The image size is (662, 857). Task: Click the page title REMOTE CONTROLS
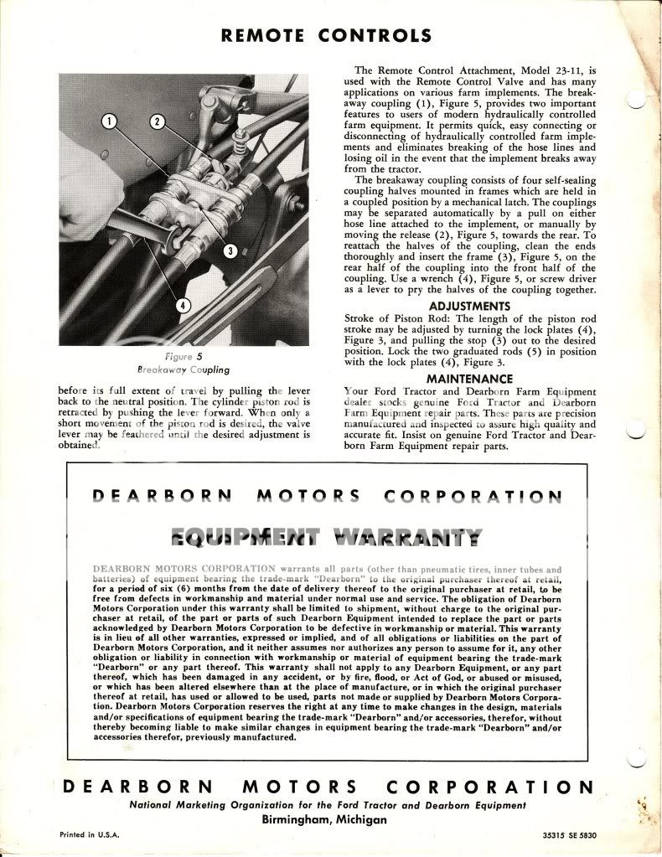click(x=326, y=35)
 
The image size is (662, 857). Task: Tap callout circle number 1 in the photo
click(x=109, y=122)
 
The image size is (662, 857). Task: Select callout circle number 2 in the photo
click(x=157, y=122)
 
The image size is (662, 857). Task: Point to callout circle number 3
click(x=228, y=250)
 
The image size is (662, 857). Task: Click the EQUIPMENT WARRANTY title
click(x=326, y=537)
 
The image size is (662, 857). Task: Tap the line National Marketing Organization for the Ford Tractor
click(x=327, y=805)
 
